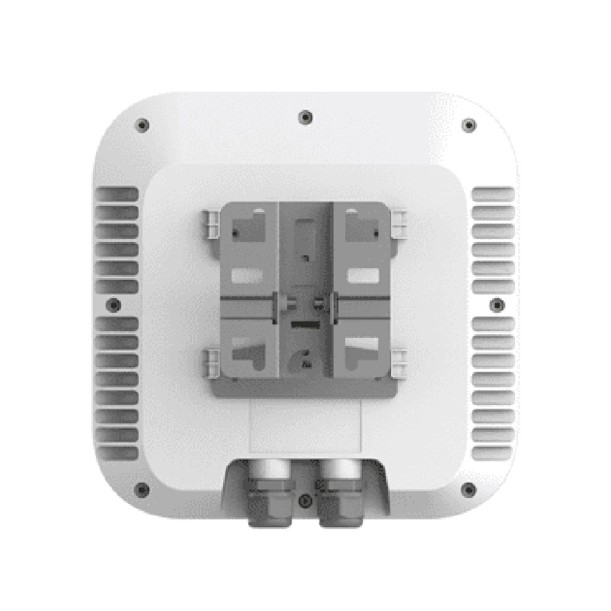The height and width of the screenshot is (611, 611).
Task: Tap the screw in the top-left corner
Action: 142,125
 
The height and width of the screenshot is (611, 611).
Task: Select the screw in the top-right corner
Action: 469,125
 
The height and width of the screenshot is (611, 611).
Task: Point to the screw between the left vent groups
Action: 114,304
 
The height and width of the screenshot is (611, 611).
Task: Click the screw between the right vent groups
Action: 498,304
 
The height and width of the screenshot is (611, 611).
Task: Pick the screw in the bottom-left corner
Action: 142,489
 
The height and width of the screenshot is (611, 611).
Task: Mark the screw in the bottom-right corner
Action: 469,489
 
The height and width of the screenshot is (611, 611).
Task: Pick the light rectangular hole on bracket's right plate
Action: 360,276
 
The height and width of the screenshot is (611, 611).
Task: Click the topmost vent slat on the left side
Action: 116,194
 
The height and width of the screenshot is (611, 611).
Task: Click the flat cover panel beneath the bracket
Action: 304,428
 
